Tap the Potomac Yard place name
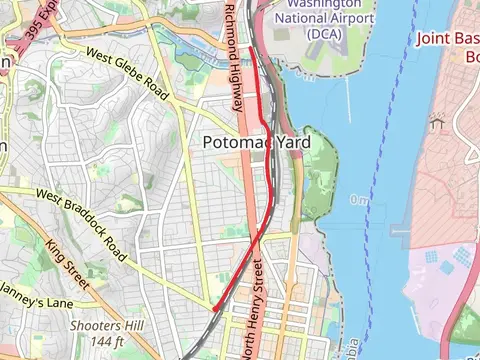point(256,143)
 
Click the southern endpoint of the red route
point(215,309)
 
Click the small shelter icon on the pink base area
point(436,122)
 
